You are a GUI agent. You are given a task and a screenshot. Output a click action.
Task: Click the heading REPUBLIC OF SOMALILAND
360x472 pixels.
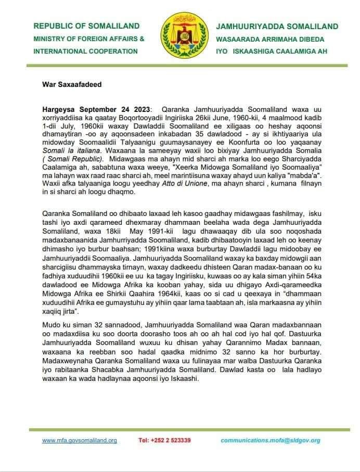click(x=86, y=26)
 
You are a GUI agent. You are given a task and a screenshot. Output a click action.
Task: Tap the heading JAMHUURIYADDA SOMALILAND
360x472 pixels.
click(x=277, y=27)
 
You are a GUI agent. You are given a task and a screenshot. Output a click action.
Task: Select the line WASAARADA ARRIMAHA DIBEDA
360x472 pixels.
click(x=270, y=39)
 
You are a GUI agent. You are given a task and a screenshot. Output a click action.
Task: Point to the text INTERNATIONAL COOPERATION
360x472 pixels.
click(x=85, y=51)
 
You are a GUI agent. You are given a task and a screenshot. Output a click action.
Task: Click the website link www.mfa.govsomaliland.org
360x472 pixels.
click(x=80, y=440)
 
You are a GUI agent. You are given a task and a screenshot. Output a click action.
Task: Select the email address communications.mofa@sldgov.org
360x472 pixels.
click(x=270, y=440)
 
